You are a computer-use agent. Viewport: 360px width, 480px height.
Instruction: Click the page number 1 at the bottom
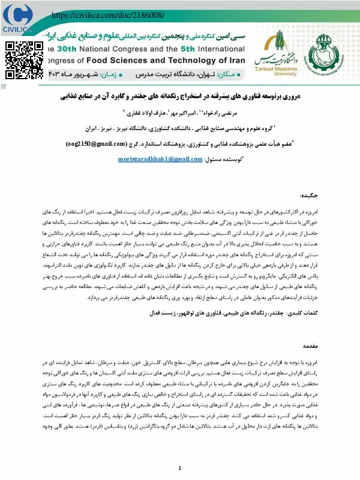(180, 468)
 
